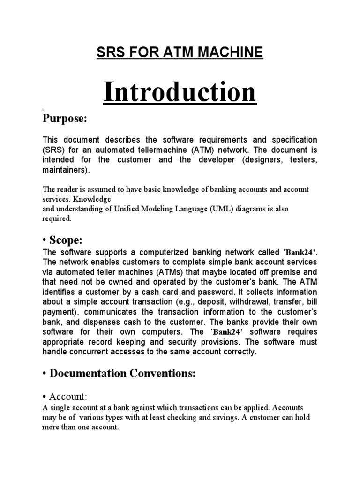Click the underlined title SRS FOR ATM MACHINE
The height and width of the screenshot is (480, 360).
[x=180, y=52]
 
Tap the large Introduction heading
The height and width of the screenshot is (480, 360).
[x=180, y=92]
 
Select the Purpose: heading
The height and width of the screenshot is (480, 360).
[x=65, y=119]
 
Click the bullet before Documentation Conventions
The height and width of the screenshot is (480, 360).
[x=45, y=374]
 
